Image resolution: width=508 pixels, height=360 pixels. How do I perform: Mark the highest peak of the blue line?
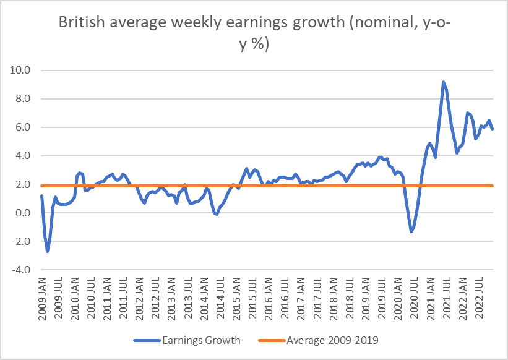tap(444, 82)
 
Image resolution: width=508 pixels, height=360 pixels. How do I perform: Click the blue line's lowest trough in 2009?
tap(48, 251)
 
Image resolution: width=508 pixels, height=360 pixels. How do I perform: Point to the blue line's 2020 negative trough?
tap(411, 231)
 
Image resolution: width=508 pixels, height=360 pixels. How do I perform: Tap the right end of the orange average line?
tap(492, 186)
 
